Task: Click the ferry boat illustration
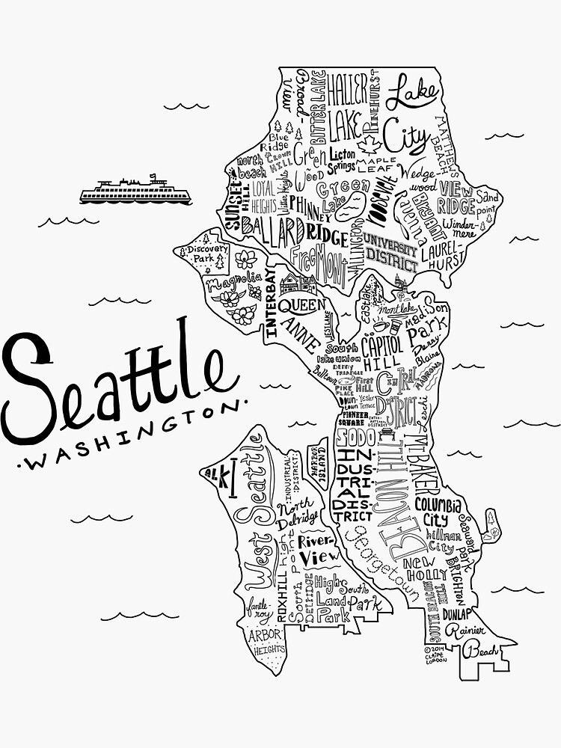tap(135, 191)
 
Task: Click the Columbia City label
tap(440, 511)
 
